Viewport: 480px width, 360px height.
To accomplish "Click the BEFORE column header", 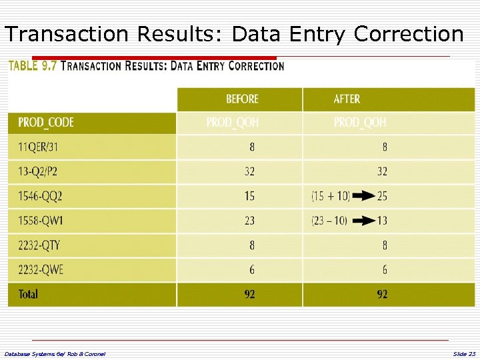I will [x=242, y=99].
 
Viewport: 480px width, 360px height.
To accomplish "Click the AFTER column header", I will [x=347, y=99].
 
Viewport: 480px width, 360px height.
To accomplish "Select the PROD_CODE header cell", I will [x=46, y=123].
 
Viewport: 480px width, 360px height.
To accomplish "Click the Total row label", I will [x=28, y=294].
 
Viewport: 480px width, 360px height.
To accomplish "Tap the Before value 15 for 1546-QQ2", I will [x=249, y=196].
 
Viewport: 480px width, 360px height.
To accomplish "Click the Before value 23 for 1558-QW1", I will [x=249, y=221].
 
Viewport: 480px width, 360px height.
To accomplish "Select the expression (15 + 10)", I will [x=329, y=196].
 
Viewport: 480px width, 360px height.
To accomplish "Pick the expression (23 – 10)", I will [x=329, y=221].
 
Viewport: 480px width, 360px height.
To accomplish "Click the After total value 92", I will [x=382, y=294].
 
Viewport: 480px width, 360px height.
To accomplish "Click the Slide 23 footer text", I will [x=464, y=353].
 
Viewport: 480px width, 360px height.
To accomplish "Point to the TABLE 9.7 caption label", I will [x=32, y=66].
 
